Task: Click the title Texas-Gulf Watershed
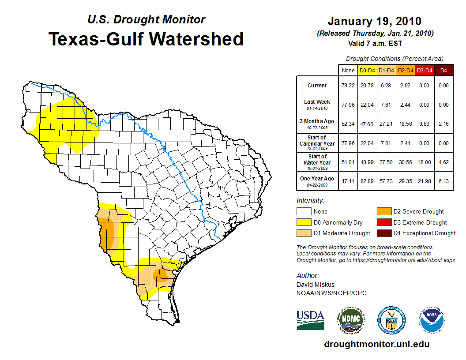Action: coord(146,39)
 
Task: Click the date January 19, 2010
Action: coord(374,21)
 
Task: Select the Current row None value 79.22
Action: coord(348,86)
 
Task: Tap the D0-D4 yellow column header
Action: coord(367,70)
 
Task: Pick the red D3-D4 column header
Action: coord(424,70)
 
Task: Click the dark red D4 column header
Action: coord(443,70)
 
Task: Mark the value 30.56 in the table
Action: coord(405,162)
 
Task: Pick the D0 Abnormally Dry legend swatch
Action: coord(304,222)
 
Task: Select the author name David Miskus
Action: coord(315,285)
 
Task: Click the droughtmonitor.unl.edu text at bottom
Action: coord(376,344)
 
